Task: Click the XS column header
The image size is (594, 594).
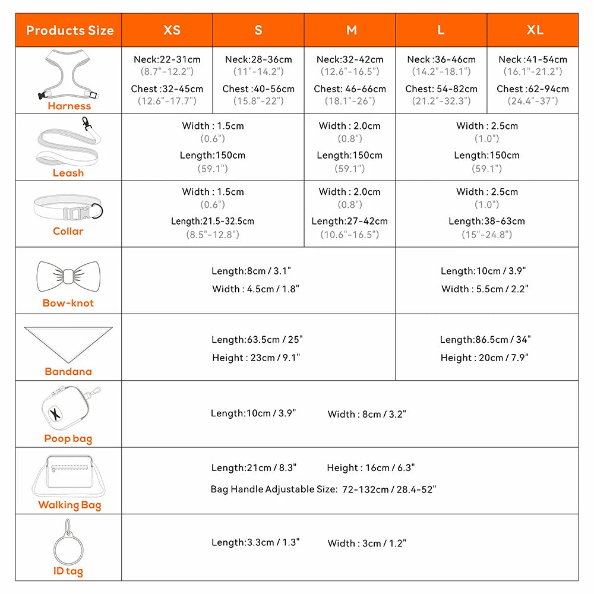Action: (x=172, y=30)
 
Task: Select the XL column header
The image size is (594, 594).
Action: (x=535, y=30)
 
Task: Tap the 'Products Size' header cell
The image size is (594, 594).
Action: (x=69, y=30)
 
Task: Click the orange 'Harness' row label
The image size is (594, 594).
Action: (x=69, y=106)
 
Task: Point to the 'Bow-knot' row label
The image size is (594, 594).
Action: (x=68, y=303)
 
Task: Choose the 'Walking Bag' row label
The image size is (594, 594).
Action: (x=69, y=505)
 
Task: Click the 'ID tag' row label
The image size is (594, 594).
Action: (x=68, y=571)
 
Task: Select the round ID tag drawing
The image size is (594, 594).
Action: (x=68, y=545)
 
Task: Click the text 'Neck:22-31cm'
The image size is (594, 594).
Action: (x=167, y=59)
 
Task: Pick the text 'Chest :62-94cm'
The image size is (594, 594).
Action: (x=533, y=89)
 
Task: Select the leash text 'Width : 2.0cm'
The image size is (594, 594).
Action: (x=349, y=126)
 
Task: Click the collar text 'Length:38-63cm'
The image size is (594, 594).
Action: (x=486, y=221)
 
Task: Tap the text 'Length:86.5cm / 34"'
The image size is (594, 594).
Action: (x=485, y=340)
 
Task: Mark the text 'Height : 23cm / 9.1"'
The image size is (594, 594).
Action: (x=256, y=358)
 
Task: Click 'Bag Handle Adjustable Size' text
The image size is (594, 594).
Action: (x=274, y=489)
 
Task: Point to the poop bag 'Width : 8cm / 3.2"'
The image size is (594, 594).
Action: (x=366, y=414)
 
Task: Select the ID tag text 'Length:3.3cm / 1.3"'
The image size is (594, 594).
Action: (x=255, y=542)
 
